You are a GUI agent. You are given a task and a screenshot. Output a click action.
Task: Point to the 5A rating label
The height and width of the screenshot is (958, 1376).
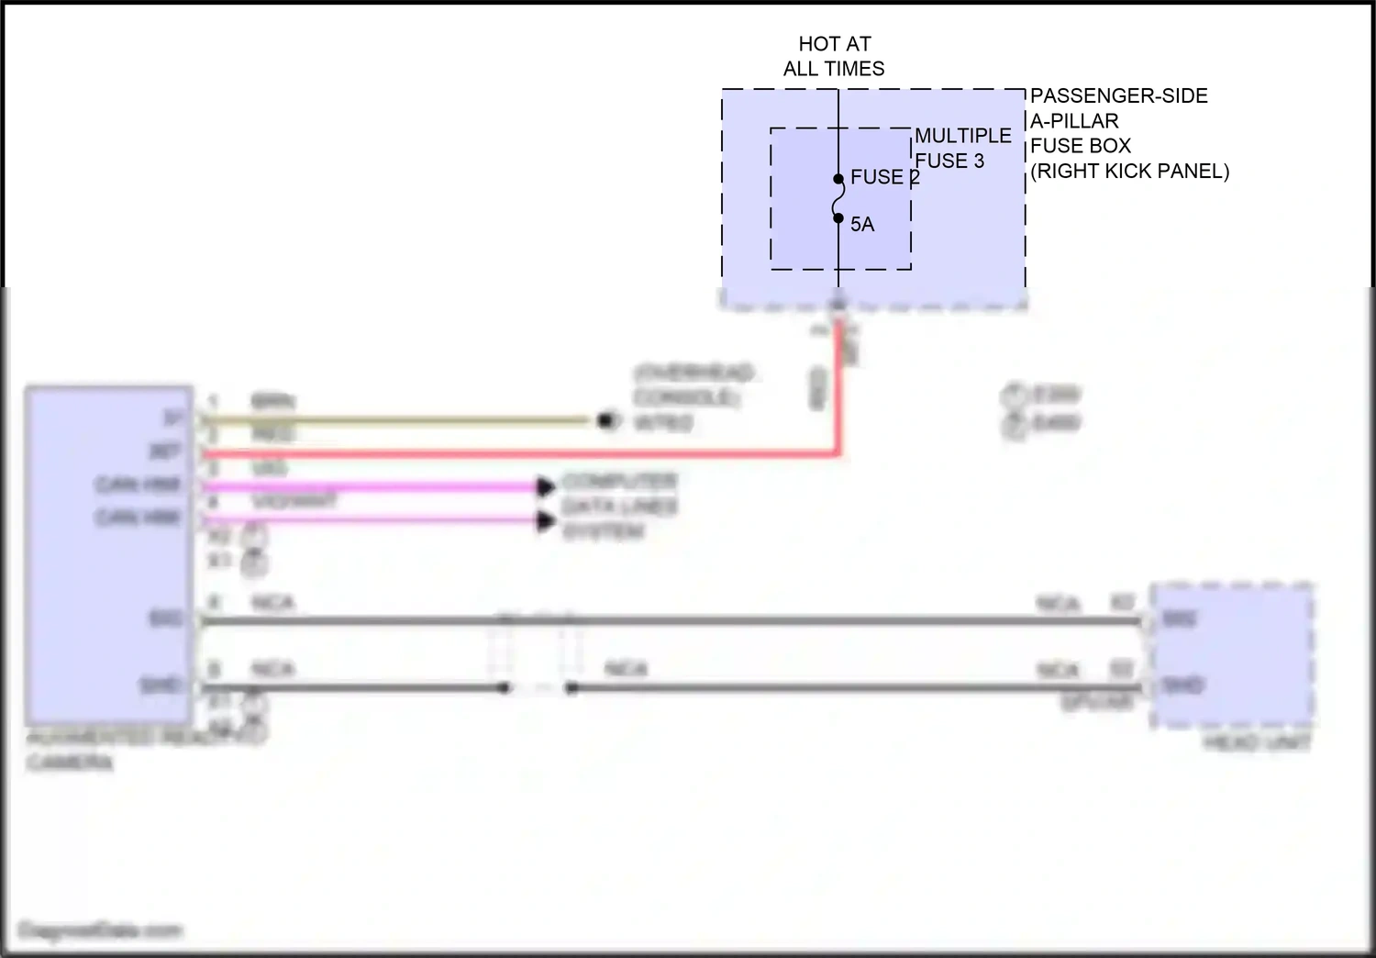pyautogui.click(x=862, y=225)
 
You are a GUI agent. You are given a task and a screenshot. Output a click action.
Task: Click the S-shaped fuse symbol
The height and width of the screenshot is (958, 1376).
pyautogui.click(x=838, y=199)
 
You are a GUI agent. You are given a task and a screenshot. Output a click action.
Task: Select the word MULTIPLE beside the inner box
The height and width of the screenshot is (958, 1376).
pyautogui.click(x=962, y=136)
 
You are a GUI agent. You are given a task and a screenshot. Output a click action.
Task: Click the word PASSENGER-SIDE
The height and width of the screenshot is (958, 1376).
pyautogui.click(x=1118, y=96)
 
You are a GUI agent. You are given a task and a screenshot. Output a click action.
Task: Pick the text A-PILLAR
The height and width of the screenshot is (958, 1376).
pyautogui.click(x=1074, y=121)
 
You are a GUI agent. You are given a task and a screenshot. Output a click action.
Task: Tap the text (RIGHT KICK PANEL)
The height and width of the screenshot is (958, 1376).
pyautogui.click(x=1129, y=172)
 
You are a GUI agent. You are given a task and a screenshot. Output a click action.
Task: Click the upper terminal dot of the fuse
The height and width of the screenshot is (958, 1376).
pyautogui.click(x=838, y=179)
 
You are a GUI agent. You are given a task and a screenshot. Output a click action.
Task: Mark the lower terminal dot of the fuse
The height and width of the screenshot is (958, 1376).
pyautogui.click(x=838, y=218)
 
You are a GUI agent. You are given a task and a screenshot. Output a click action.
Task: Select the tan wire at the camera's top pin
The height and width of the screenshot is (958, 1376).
pyautogui.click(x=394, y=421)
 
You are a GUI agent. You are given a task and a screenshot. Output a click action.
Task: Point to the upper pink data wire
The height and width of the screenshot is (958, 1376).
pyautogui.click(x=367, y=487)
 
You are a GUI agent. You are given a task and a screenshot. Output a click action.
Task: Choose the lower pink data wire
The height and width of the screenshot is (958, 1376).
pyautogui.click(x=367, y=521)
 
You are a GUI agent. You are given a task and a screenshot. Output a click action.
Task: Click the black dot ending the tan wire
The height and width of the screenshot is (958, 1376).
pyautogui.click(x=605, y=421)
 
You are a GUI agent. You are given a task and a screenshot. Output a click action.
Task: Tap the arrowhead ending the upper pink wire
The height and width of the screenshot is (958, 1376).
pyautogui.click(x=547, y=487)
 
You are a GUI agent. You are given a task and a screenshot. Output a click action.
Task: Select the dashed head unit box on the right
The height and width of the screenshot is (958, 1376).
pyautogui.click(x=1232, y=653)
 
